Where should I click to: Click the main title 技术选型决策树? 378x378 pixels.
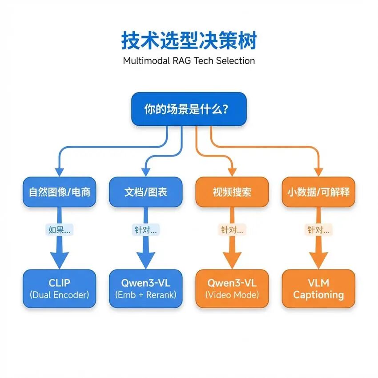tap(189, 41)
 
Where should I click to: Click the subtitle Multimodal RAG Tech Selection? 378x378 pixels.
tap(189, 61)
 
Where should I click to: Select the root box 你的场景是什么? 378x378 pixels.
tap(189, 109)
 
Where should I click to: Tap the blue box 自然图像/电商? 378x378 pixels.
tap(60, 192)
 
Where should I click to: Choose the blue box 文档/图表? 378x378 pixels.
tap(146, 192)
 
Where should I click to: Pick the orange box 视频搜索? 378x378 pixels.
tap(232, 192)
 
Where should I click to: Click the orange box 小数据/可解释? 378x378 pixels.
tap(318, 192)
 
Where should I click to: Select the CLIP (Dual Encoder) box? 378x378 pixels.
tap(60, 289)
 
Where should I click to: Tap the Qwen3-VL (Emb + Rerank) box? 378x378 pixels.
tap(146, 289)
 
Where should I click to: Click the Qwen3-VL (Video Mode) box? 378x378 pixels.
tap(232, 289)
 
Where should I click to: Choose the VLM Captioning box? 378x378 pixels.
tap(318, 289)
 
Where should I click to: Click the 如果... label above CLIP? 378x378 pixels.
tap(60, 230)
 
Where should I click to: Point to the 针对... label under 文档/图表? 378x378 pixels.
tap(146, 230)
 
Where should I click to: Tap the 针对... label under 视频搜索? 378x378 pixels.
tap(232, 230)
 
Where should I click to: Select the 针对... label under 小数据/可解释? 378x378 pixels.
tap(318, 230)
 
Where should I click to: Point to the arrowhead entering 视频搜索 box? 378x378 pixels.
tap(232, 172)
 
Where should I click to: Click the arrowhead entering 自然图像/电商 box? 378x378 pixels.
tap(60, 172)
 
